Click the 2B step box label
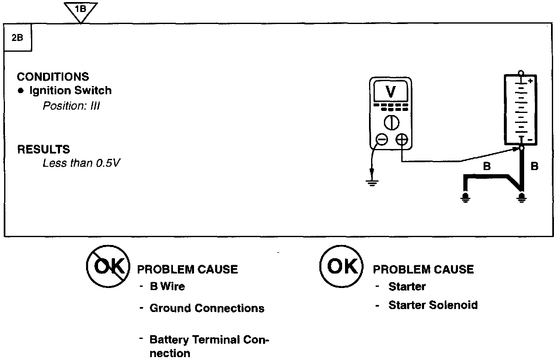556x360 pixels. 18,38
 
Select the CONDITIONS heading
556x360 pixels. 53,77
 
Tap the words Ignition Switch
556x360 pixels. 70,91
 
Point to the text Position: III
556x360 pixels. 71,106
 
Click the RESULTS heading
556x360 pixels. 43,149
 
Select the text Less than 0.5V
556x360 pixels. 81,163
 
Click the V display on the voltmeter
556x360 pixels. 390,92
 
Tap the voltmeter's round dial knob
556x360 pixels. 391,122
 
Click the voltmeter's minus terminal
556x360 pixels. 381,140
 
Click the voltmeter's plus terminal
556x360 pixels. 401,140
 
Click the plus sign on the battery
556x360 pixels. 530,81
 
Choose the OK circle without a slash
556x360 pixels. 341,267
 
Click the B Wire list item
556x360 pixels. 167,286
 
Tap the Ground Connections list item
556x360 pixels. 207,308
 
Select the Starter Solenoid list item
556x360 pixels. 433,305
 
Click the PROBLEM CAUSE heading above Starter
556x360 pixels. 423,269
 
